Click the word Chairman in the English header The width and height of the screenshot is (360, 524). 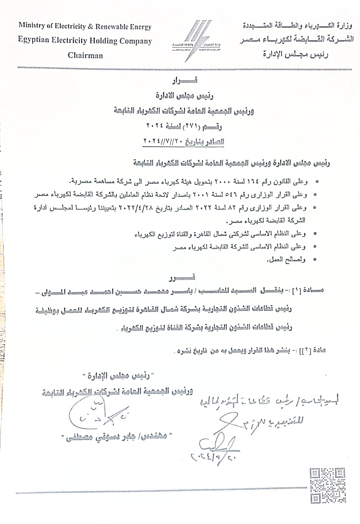(85, 55)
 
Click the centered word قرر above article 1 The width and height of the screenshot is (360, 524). (180, 277)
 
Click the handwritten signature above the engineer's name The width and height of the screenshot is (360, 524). (99, 415)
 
